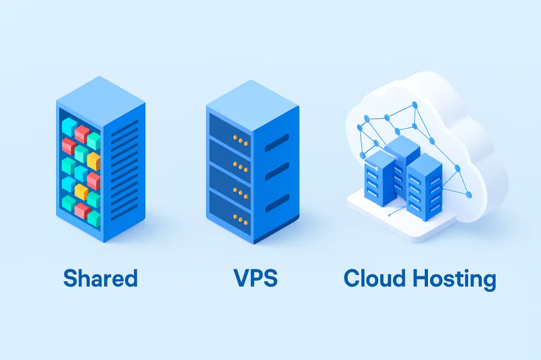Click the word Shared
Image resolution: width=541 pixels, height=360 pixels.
tap(100, 279)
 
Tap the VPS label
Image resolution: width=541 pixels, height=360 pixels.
tap(255, 278)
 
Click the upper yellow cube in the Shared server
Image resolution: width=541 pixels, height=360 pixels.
tap(94, 160)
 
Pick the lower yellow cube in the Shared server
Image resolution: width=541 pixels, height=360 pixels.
tap(81, 192)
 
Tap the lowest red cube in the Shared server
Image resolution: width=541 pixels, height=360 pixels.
tap(82, 211)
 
